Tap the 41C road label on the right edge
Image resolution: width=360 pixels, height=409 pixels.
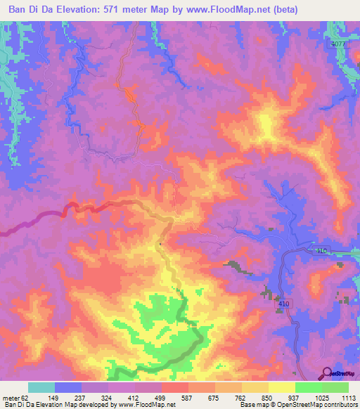point(321,252)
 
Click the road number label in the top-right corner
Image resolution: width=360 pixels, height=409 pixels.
point(339,44)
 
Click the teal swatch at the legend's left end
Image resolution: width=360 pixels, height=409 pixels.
point(41,387)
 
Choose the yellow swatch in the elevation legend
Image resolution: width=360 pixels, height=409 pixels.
point(282,387)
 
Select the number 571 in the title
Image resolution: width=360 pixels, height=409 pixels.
point(116,9)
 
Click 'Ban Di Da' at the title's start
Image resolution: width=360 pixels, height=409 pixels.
point(27,9)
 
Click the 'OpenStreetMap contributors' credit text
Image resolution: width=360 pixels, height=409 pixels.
point(316,405)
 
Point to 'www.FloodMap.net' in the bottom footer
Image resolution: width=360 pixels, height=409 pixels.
point(145,405)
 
